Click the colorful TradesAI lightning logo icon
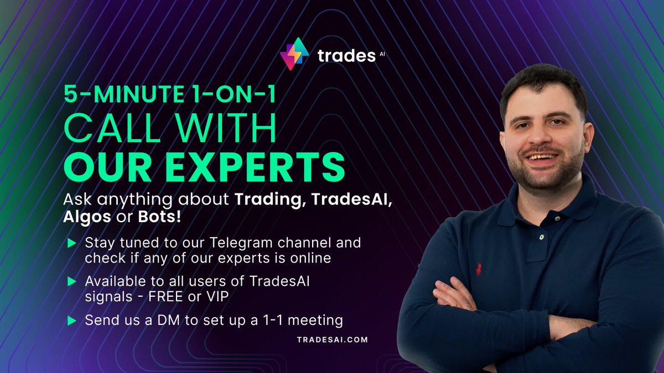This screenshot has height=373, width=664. (294, 54)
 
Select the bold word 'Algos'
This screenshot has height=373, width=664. (86, 217)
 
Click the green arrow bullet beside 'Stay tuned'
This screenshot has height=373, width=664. (71, 243)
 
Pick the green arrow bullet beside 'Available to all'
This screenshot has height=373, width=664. (71, 281)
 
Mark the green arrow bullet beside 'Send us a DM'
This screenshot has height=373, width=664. (71, 320)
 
